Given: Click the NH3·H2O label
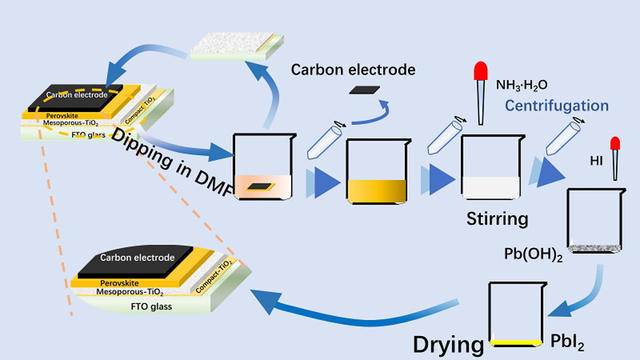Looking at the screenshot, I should tap(522, 84).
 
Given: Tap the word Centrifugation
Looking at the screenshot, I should tap(556, 106).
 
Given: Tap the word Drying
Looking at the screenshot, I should tap(448, 344).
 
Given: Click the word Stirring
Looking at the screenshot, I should tap(497, 218).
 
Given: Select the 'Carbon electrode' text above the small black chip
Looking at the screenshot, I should tap(353, 70).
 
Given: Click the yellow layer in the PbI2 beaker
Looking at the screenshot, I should tap(516, 341).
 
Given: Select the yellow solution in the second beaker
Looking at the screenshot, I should tap(377, 191).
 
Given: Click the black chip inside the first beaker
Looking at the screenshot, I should tap(258, 187).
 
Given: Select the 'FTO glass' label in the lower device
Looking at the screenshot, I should tap(152, 306).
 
